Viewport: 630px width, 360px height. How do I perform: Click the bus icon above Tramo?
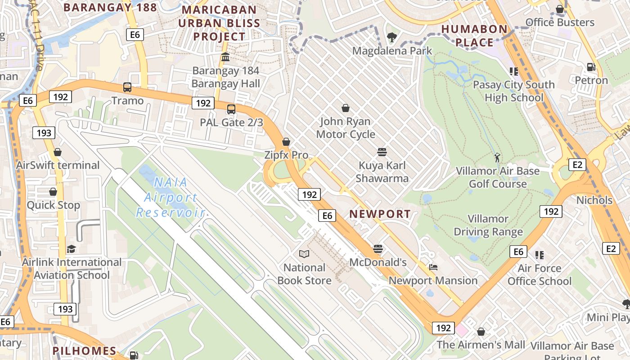coord(127,87)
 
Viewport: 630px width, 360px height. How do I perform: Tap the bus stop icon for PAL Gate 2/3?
coord(231,109)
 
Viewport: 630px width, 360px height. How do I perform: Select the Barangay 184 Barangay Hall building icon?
coord(225,58)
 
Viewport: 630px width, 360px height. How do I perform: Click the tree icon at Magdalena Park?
coord(392,37)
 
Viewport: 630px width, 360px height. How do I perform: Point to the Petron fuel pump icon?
coord(591,67)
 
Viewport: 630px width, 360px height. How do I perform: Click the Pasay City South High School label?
coord(513,91)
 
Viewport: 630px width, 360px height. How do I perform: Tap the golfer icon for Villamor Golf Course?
coord(497,157)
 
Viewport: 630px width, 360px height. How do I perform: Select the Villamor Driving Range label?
coord(488,225)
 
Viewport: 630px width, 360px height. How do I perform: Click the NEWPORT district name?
coord(380,214)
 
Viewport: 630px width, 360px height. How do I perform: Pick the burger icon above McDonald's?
coord(378,249)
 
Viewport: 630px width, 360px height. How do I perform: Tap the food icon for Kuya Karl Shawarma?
coord(382,152)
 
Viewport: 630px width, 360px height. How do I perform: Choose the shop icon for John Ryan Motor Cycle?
coord(346,108)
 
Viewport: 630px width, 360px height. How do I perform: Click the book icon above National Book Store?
coord(304,254)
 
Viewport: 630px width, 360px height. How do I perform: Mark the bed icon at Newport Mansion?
coord(433,267)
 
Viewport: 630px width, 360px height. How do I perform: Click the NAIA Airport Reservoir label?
coord(171,198)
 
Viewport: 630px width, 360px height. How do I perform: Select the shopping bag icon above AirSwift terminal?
coord(58,152)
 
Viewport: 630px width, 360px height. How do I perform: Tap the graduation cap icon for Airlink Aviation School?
coord(72,249)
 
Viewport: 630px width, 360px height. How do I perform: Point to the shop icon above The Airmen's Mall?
coord(481,332)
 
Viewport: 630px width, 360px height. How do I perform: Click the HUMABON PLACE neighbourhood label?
coord(474,36)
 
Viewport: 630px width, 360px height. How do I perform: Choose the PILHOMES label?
coord(84,351)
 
